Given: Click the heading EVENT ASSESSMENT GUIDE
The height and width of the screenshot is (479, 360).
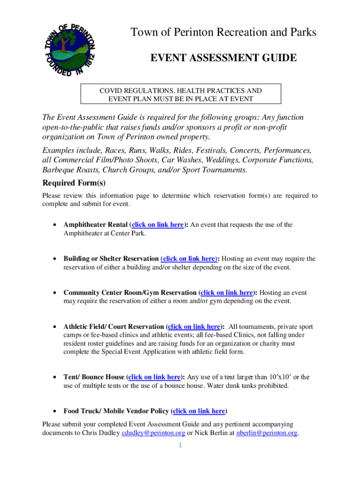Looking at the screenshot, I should pos(223,58).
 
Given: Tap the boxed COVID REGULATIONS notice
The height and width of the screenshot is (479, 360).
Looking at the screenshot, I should pos(180,94).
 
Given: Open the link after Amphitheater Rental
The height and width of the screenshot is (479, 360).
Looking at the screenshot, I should pos(158,225).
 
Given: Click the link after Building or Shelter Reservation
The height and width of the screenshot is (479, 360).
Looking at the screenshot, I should pos(189,259).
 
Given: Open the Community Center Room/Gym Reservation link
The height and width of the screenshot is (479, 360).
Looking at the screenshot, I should pos(227,293).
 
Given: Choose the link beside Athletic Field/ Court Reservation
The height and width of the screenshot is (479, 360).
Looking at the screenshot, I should pos(194,327).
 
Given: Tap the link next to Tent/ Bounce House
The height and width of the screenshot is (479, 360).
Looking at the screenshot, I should pos(154,377).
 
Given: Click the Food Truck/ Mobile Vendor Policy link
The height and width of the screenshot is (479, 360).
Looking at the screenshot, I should pos(199,411).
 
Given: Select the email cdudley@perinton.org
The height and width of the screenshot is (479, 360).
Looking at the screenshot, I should pos(153,433).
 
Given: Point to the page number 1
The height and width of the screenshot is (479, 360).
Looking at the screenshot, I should pos(180,445).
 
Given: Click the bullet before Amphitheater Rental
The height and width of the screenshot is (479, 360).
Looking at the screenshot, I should pos(56,225).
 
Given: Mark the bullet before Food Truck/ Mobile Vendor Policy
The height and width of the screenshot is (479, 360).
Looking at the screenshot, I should pos(56,412).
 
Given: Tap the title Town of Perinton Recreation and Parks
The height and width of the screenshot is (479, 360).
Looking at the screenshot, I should pos(223,32).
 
